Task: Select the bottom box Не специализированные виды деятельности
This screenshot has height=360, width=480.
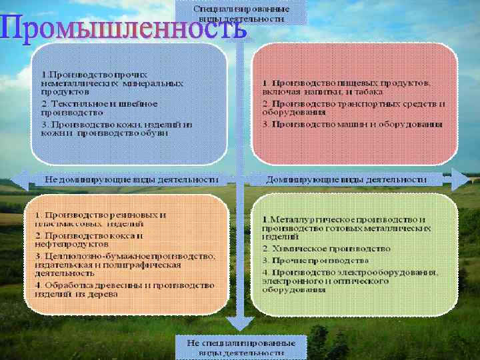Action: pos(241,346)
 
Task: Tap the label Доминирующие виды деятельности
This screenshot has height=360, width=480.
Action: pos(346,179)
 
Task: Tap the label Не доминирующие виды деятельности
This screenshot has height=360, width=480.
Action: pos(131,179)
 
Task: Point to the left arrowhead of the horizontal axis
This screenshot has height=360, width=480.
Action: pos(21,179)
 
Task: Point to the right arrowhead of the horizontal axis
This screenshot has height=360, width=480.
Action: pos(460,179)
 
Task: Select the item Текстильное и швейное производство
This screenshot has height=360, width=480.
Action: pos(100,108)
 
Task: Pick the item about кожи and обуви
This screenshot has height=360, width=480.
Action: pos(113,128)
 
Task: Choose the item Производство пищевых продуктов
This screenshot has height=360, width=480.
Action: pos(347,87)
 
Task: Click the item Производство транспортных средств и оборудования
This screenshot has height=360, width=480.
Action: pos(353,108)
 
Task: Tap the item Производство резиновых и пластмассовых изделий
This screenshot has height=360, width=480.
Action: pos(100,219)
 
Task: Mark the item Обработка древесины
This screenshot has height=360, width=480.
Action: pos(123,289)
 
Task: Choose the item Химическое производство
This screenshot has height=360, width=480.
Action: pos(326,248)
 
